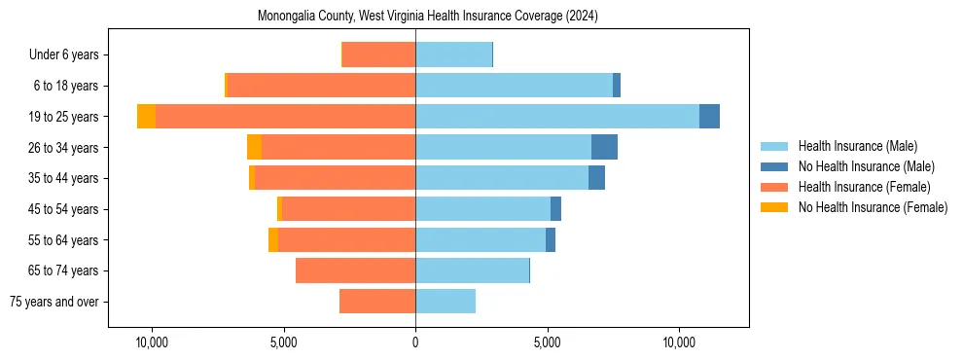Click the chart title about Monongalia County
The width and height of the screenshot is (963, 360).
coord(428,17)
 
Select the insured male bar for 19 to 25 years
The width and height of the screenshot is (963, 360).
coord(556,117)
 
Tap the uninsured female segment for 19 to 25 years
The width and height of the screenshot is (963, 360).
coord(146,117)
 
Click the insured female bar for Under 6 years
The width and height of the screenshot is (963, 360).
coord(378,54)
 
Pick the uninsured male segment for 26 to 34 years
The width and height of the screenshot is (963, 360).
coord(604,147)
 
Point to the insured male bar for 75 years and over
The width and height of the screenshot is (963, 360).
coord(446,302)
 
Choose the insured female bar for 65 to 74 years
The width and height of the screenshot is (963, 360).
coord(355,270)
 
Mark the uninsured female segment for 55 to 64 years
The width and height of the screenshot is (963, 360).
coord(273,240)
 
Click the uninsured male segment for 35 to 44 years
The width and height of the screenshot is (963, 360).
coord(596,178)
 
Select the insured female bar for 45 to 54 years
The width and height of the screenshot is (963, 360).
coord(348,209)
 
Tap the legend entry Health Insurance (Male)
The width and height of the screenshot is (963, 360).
coord(857,146)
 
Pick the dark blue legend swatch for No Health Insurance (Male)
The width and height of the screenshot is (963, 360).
coord(774,166)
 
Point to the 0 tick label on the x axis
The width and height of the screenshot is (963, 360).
coord(415,343)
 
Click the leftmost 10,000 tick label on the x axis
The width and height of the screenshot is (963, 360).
coord(152,343)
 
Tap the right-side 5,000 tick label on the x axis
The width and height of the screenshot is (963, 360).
coord(547,343)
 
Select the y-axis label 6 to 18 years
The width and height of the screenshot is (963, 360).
coord(66,86)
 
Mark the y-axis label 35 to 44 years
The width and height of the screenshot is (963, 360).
coord(64,178)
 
